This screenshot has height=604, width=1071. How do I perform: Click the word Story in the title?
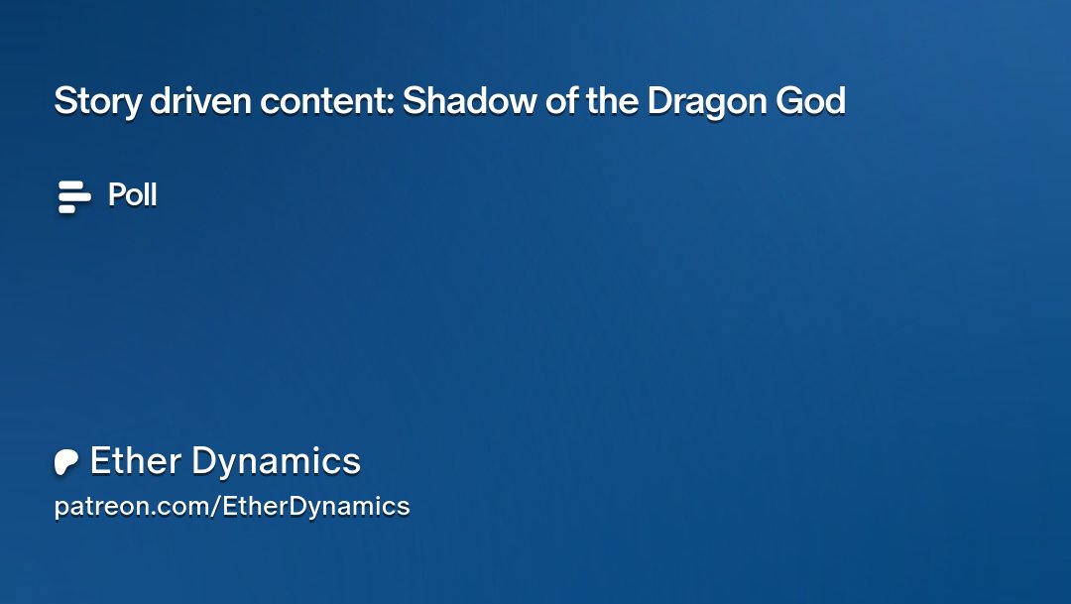pos(96,101)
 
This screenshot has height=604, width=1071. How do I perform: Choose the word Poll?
pos(132,195)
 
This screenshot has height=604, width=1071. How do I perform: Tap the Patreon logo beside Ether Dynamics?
pos(66,462)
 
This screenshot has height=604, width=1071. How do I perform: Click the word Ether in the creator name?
pos(136,461)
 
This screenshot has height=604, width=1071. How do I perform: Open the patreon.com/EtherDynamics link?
pos(231,507)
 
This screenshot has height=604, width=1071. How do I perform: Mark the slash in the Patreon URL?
pos(216,507)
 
